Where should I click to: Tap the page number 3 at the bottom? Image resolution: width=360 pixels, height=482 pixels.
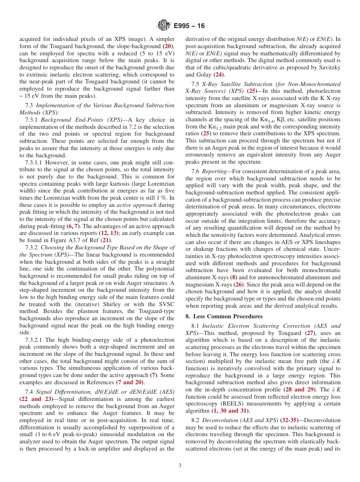[x=180, y=466]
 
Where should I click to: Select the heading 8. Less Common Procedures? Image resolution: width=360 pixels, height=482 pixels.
[x=224, y=316]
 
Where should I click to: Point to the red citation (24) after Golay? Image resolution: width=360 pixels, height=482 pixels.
[x=219, y=75]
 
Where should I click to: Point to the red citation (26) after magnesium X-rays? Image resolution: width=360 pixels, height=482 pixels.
[x=238, y=284]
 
